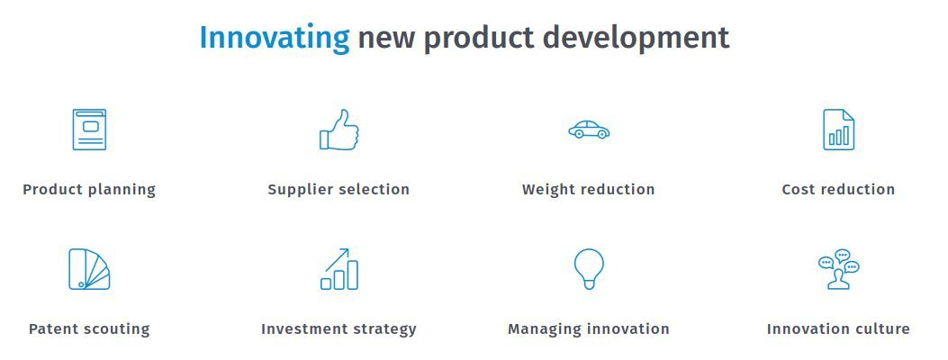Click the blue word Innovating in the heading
coord(275,39)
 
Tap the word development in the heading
coord(636,39)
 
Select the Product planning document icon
coord(89,130)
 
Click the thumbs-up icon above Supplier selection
coord(339,130)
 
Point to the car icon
coord(589,130)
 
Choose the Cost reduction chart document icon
coord(838,130)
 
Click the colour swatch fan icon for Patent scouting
coord(89,269)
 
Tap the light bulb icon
coord(589,269)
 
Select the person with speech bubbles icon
coord(838,269)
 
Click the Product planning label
coord(89,190)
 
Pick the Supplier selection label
coord(339,190)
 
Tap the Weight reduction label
coord(588,190)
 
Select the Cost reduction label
coord(838,190)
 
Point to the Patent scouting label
coord(89,329)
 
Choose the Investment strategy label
coord(339,329)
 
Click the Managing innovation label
coord(589,329)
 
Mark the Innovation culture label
coord(838,329)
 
